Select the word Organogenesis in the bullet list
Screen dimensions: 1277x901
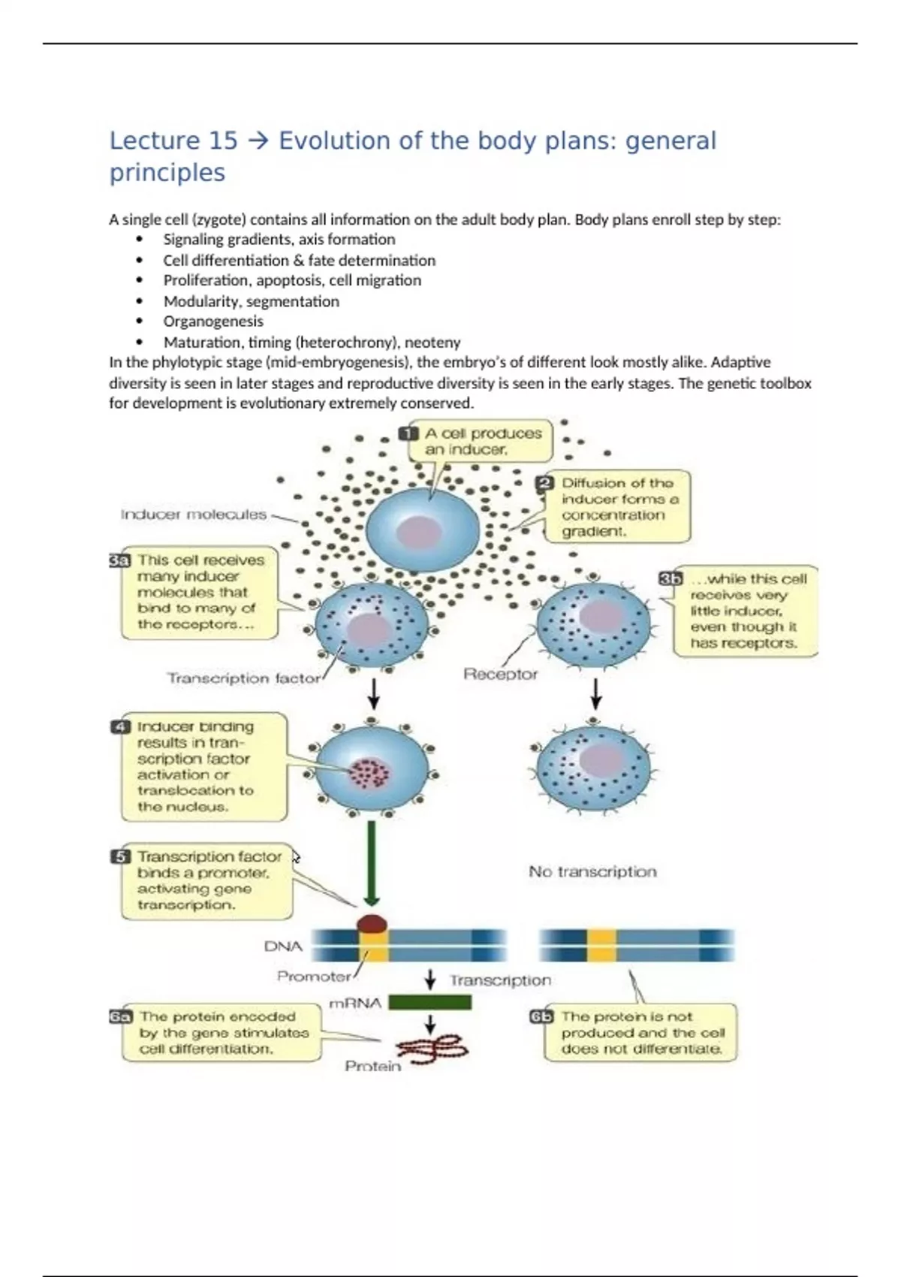tap(213, 322)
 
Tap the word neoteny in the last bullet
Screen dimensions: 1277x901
tap(432, 343)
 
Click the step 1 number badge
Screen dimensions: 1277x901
tap(408, 434)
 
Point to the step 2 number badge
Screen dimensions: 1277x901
tap(546, 483)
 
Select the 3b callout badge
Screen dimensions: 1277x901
tap(670, 578)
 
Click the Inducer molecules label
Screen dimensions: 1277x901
tap(193, 515)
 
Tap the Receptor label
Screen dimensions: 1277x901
tap(500, 674)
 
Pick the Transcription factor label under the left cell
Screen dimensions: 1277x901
tap(243, 678)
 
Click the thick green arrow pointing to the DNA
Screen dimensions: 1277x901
tap(371, 864)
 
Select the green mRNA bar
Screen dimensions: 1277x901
tap(429, 1002)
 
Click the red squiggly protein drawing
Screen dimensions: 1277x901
tap(432, 1046)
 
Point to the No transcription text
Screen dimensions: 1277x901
tap(592, 871)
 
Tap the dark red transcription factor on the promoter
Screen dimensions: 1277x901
tap(372, 923)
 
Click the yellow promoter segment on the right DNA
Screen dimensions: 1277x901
tap(601, 945)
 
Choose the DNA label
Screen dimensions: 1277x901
tap(283, 946)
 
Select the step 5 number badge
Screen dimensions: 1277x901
tap(120, 857)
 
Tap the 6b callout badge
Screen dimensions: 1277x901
tap(541, 1017)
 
